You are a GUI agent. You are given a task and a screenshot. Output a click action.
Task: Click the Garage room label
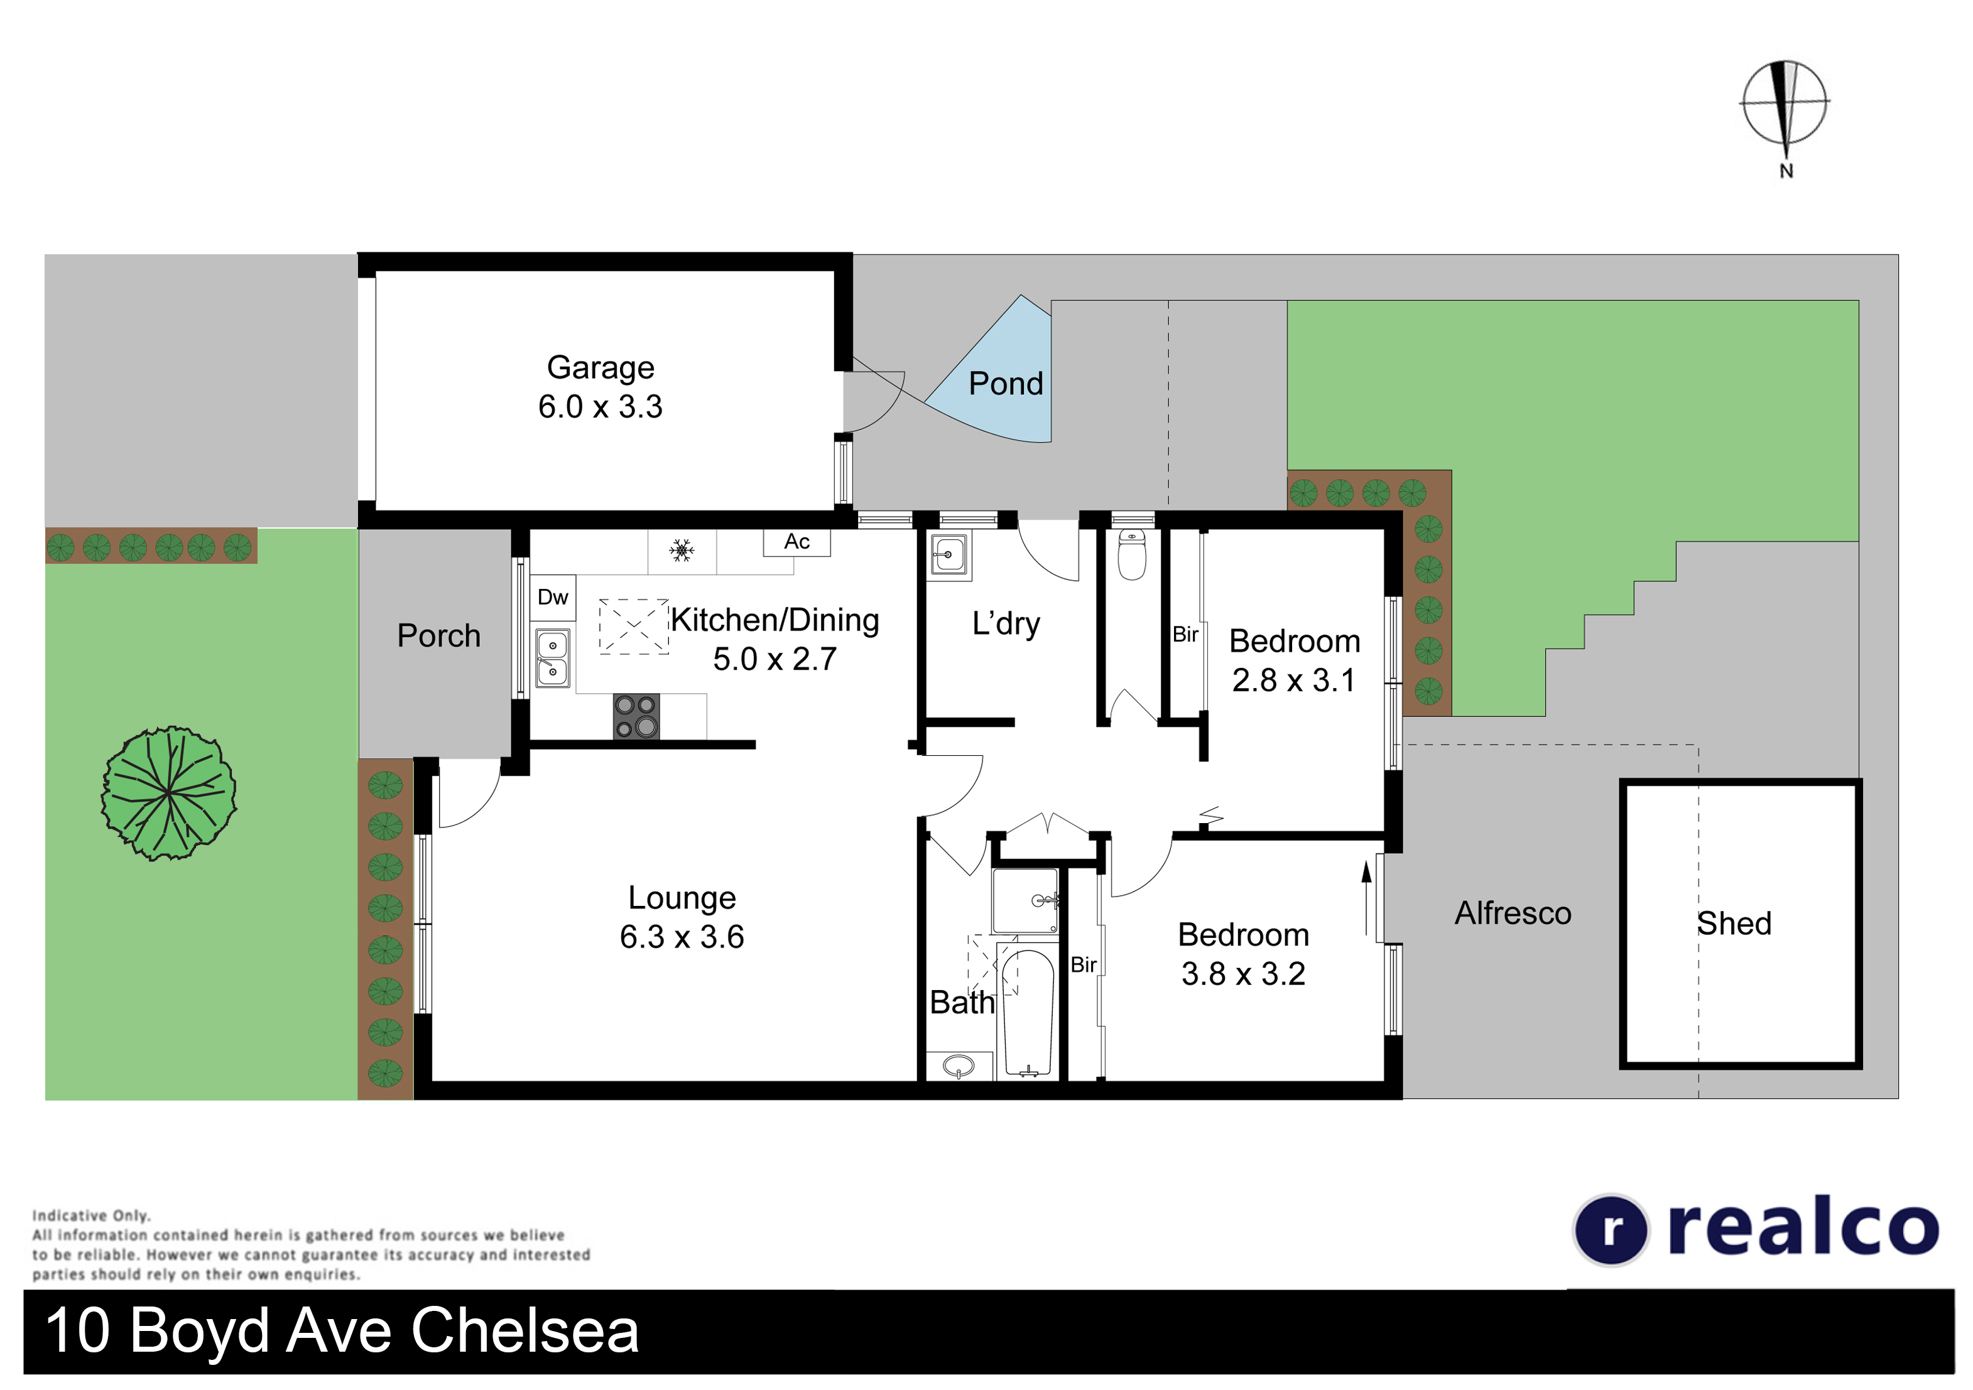601,368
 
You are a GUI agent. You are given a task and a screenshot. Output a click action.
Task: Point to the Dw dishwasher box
553,597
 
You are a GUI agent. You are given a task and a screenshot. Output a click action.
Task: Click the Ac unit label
796,542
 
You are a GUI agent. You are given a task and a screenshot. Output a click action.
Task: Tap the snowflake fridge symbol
682,551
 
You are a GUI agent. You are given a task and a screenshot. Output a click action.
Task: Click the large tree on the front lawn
168,793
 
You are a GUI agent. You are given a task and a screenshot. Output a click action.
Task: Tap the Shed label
1734,924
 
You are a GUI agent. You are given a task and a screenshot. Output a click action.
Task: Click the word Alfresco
1513,913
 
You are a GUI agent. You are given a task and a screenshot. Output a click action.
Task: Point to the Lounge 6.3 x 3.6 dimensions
682,937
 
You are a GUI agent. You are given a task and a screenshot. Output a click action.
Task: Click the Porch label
438,636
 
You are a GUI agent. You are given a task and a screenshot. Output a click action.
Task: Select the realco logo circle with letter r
1611,1230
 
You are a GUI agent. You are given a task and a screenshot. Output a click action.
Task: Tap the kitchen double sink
553,657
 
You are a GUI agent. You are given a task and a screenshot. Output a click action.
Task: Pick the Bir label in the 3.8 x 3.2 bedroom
1084,965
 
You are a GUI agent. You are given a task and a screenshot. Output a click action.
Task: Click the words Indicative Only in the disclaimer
91,1215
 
